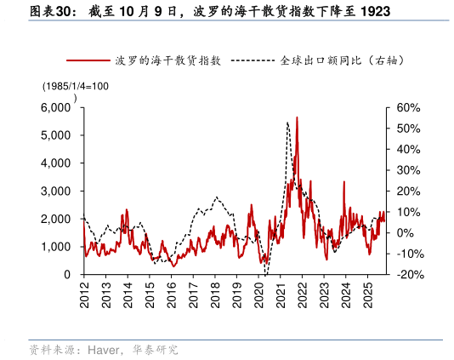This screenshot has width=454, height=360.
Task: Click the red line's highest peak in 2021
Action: (297, 117)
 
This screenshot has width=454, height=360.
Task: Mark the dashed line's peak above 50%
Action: (287, 123)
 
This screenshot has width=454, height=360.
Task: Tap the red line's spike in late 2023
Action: (343, 181)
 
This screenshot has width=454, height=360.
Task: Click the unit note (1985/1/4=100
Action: (76, 86)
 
